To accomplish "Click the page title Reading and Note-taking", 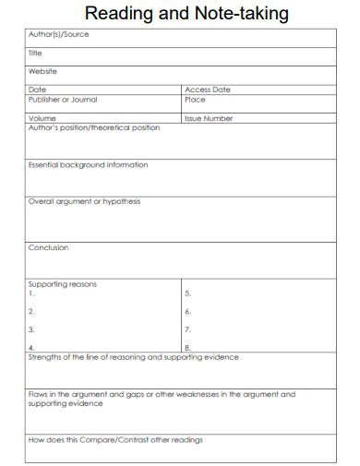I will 186,14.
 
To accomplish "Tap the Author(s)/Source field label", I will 59,35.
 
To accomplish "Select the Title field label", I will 35,54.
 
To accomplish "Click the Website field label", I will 42,71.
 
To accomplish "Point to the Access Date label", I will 208,90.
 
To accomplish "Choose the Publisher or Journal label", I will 63,100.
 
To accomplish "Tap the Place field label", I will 195,100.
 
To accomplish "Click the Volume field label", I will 42,118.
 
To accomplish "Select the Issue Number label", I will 209,118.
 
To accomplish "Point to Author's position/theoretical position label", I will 93,127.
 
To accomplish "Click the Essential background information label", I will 88,165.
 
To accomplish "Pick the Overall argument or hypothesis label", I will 84,201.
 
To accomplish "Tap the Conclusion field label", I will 48,247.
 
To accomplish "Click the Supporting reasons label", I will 62,284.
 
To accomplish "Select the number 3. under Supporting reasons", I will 31,329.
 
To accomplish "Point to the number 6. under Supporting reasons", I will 187,311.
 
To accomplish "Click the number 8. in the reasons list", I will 187,348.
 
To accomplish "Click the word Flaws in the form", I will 39,394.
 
